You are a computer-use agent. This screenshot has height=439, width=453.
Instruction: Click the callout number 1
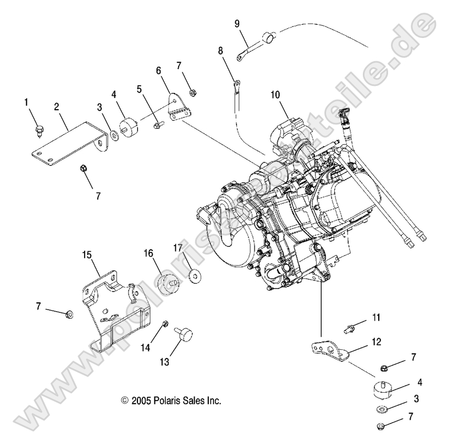(x=26, y=102)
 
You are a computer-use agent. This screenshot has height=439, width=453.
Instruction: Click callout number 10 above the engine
(x=275, y=94)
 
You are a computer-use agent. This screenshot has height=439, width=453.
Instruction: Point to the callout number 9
(x=237, y=23)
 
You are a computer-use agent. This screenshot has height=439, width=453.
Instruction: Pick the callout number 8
(x=220, y=51)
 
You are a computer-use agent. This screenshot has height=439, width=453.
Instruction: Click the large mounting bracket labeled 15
(x=113, y=311)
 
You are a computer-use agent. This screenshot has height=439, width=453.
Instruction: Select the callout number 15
(x=87, y=255)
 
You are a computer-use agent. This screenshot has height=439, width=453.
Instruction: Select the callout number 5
(x=139, y=88)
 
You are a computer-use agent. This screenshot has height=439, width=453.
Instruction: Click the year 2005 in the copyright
(x=142, y=401)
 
